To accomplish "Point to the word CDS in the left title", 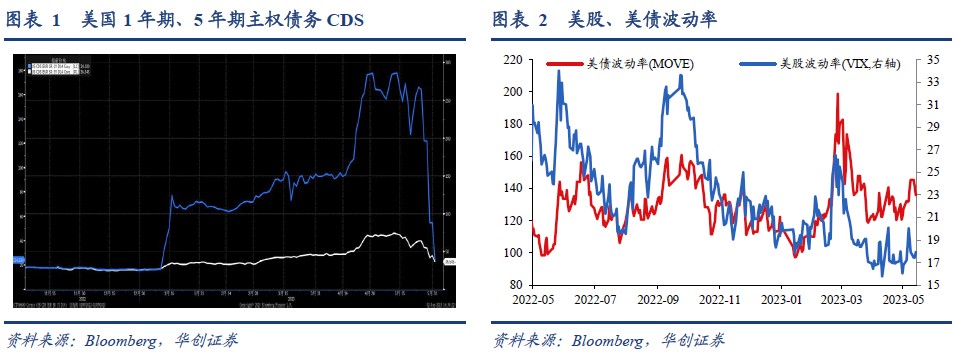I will click(x=343, y=19).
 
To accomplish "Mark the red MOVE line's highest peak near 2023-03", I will click(x=836, y=93).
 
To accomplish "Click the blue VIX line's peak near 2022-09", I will click(x=681, y=76).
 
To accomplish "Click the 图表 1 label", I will click(x=35, y=19).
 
